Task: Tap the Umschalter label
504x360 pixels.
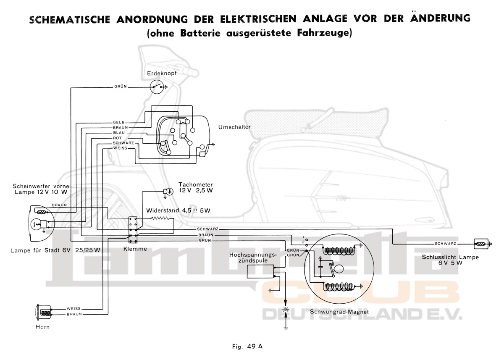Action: tap(234, 126)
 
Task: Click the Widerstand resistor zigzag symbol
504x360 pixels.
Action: tap(160, 218)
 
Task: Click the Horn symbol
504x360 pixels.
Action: tap(43, 312)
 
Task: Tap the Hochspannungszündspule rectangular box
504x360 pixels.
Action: tap(260, 272)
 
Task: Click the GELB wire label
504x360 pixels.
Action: tap(119, 122)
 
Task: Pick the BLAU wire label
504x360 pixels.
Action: tap(119, 132)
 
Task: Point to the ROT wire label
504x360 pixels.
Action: tap(118, 138)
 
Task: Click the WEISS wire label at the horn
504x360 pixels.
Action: tap(73, 308)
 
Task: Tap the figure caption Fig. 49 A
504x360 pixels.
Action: tap(247, 347)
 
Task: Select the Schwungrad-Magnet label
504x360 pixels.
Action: tap(339, 312)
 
